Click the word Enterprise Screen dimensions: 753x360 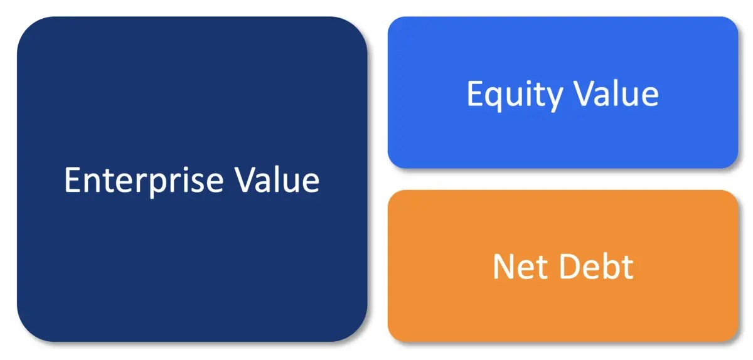coord(144,181)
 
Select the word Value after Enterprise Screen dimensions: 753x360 coord(277,180)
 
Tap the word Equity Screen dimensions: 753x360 coord(515,95)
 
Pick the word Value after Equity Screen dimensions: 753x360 coord(616,93)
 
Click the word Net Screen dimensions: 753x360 coord(520,267)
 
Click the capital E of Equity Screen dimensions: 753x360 coord(476,93)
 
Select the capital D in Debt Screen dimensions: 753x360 coord(570,267)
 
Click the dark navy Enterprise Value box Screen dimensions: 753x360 coord(192,179)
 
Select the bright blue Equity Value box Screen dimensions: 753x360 coord(563,92)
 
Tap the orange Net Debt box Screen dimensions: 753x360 coord(563,266)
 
